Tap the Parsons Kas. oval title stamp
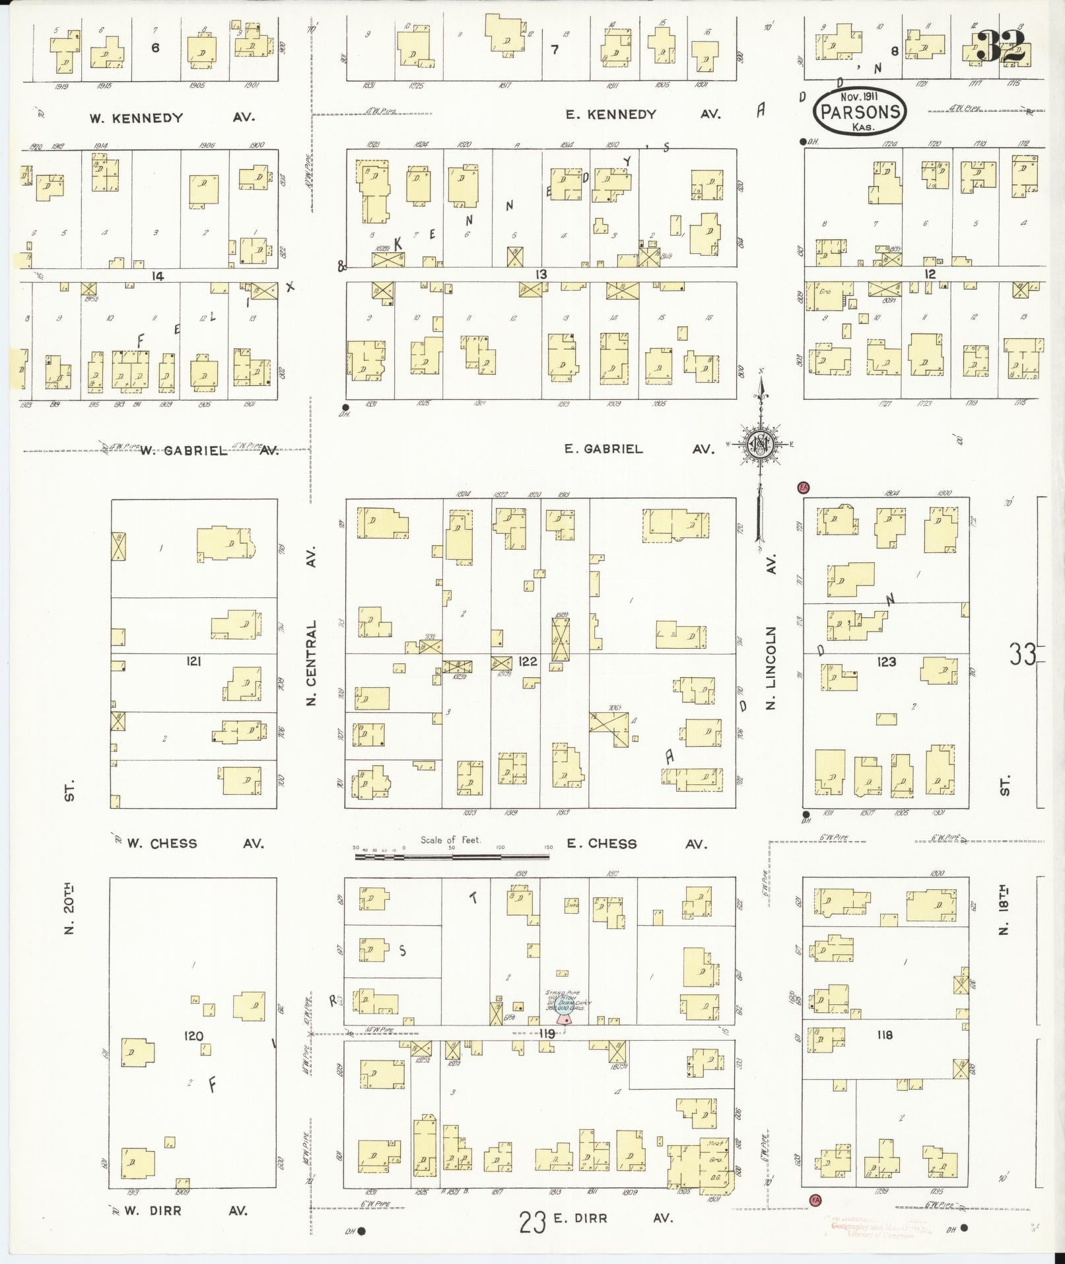(860, 111)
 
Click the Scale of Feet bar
(452, 857)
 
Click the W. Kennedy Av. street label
(172, 118)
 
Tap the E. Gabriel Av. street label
(639, 449)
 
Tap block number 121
(194, 661)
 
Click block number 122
(528, 661)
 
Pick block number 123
(886, 661)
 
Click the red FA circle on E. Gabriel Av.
(804, 488)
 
